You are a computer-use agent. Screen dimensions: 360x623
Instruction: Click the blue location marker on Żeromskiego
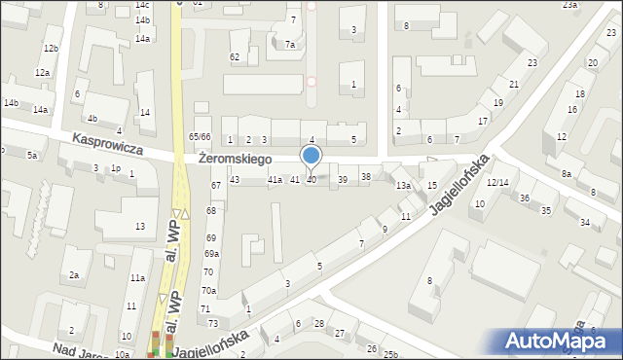click(x=311, y=156)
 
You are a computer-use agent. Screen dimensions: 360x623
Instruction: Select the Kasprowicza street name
click(x=108, y=146)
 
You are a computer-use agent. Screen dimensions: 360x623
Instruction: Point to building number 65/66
click(x=200, y=137)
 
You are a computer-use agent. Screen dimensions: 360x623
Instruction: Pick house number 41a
click(x=275, y=180)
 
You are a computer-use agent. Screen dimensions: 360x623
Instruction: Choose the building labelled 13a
click(x=403, y=185)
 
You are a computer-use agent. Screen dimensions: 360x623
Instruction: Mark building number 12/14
click(x=498, y=182)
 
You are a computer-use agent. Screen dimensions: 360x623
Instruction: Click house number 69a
click(x=211, y=254)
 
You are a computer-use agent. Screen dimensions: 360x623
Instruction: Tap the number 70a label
click(x=209, y=290)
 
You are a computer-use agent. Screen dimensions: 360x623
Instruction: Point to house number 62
click(x=235, y=57)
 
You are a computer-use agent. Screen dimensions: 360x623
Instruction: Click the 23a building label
click(x=569, y=5)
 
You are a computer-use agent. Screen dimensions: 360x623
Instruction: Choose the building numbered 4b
click(x=92, y=119)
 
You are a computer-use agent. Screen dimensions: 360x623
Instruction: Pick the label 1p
click(x=115, y=168)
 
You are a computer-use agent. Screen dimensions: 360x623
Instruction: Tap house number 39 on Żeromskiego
click(x=342, y=180)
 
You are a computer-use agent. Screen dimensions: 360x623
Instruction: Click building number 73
click(x=206, y=308)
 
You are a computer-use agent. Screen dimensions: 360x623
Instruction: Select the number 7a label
click(x=290, y=44)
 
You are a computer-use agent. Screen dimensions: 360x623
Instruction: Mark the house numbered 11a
click(x=138, y=278)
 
